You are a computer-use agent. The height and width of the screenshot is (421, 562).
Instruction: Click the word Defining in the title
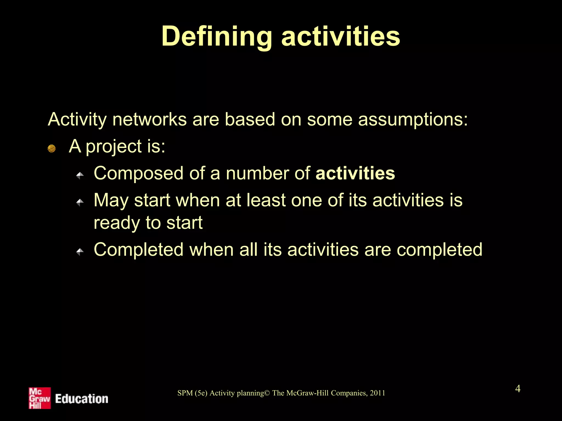pos(217,36)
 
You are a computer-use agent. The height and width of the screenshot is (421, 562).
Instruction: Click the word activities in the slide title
pos(341,36)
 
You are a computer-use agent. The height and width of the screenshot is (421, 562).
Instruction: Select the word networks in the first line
pos(149,120)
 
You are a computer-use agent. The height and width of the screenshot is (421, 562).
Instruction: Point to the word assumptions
pos(413,120)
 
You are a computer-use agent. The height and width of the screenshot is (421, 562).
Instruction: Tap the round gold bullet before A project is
pos(52,149)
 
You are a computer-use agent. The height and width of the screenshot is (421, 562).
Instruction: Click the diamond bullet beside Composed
pos(80,175)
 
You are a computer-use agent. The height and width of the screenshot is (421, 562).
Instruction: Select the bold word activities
pos(355,173)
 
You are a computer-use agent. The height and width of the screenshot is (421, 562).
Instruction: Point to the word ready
pos(117,223)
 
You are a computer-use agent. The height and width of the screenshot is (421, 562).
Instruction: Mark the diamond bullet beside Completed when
pos(80,251)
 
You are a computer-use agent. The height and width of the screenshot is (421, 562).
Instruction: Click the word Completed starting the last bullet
pos(139,250)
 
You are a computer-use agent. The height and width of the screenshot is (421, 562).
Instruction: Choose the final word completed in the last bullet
pos(439,250)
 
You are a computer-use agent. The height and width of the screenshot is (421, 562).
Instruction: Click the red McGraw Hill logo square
pos(40,398)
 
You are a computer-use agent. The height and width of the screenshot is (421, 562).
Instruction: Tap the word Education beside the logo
pos(82,399)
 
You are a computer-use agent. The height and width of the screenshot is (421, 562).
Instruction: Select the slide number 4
pos(518,389)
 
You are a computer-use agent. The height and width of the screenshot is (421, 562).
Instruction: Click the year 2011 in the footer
pos(377,393)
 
